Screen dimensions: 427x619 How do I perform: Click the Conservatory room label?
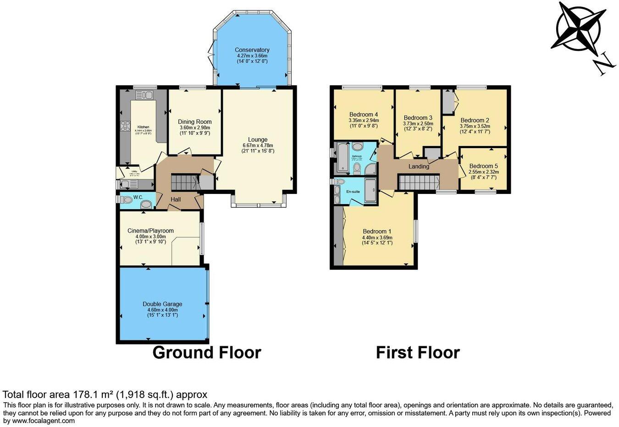click(x=252, y=50)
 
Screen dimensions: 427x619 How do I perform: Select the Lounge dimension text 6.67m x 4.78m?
click(x=258, y=145)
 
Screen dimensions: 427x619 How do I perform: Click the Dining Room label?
click(x=194, y=122)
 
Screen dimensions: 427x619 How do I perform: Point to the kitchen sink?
click(x=144, y=95)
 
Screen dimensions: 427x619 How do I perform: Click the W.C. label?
click(x=138, y=198)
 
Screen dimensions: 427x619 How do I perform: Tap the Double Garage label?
click(x=162, y=304)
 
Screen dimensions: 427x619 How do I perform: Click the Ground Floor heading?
click(x=206, y=352)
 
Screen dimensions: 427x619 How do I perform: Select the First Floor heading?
click(x=417, y=352)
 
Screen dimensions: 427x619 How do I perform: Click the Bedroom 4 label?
click(x=364, y=115)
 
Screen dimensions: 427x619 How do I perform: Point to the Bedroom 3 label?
click(x=418, y=118)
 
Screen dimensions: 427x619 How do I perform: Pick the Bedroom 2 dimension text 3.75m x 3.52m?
click(x=475, y=126)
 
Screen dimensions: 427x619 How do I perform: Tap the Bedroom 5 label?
click(x=483, y=166)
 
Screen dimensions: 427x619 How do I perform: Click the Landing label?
click(x=419, y=166)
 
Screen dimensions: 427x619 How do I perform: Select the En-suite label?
click(x=353, y=191)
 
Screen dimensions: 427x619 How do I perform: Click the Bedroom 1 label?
click(x=377, y=232)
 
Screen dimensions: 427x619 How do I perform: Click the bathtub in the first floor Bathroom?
click(x=343, y=157)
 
